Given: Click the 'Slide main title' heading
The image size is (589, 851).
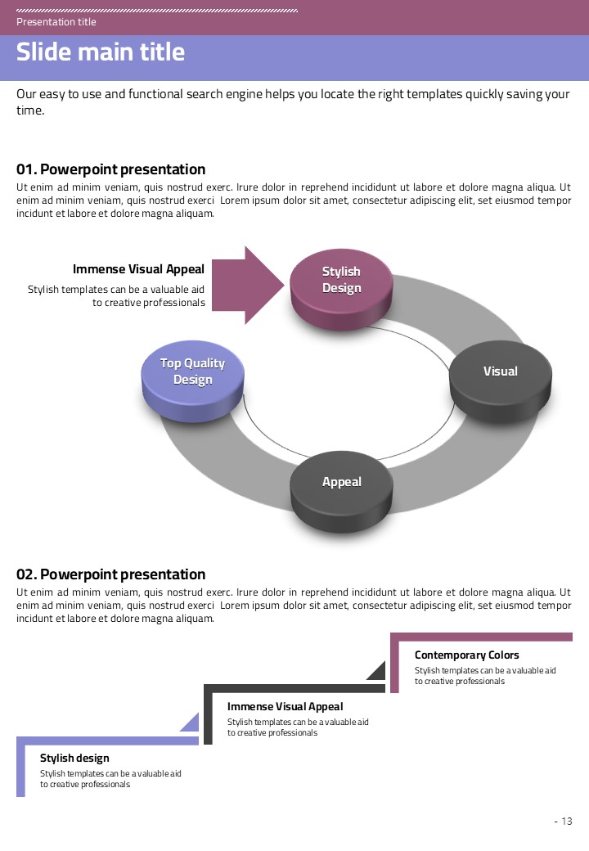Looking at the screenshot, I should click(101, 52).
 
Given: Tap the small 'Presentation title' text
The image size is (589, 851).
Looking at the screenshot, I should click(56, 22).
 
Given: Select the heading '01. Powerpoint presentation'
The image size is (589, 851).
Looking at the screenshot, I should click(111, 169).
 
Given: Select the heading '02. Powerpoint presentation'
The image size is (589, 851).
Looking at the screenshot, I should click(111, 574).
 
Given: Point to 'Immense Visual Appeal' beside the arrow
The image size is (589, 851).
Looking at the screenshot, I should click(138, 269).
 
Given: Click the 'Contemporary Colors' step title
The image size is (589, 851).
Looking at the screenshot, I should click(466, 655).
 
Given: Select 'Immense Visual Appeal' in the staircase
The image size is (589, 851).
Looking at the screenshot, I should click(285, 706).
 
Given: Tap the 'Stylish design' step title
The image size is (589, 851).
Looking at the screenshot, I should click(74, 759).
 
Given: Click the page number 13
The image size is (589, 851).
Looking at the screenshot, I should click(566, 822).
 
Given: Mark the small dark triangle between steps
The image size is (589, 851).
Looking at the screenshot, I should click(378, 672).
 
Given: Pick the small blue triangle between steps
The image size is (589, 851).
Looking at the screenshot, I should click(191, 723).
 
